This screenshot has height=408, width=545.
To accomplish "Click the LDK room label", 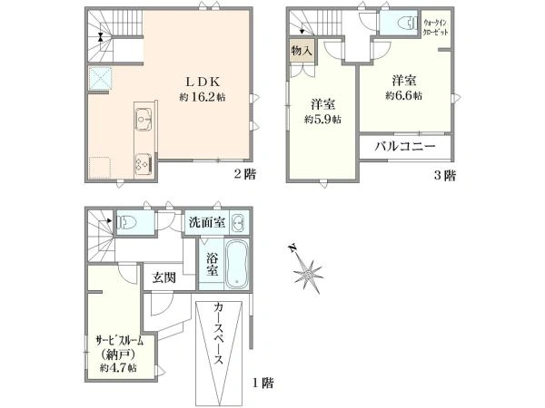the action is tap(203, 82).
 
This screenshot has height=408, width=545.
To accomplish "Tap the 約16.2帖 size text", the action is tap(203, 97).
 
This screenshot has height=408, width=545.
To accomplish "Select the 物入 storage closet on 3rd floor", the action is tap(302, 51).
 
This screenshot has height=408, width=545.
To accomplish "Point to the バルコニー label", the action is tap(405, 146).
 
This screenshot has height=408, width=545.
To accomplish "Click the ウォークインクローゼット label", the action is tap(435, 27).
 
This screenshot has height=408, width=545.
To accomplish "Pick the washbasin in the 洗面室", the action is tap(238, 222).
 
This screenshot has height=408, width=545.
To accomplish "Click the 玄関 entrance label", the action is tap(164, 277).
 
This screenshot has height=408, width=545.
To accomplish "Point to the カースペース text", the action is tap(219, 333).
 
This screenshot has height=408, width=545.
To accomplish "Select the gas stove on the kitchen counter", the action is tap(144, 163).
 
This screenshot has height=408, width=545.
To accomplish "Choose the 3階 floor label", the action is tap(444, 175).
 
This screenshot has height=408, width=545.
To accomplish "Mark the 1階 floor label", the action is tap(263, 383).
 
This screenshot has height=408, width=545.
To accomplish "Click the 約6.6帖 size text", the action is tap(404, 95).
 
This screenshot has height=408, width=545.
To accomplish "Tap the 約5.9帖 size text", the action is tap(322, 120).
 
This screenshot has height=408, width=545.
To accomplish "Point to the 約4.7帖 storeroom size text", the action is tap(118, 368).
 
